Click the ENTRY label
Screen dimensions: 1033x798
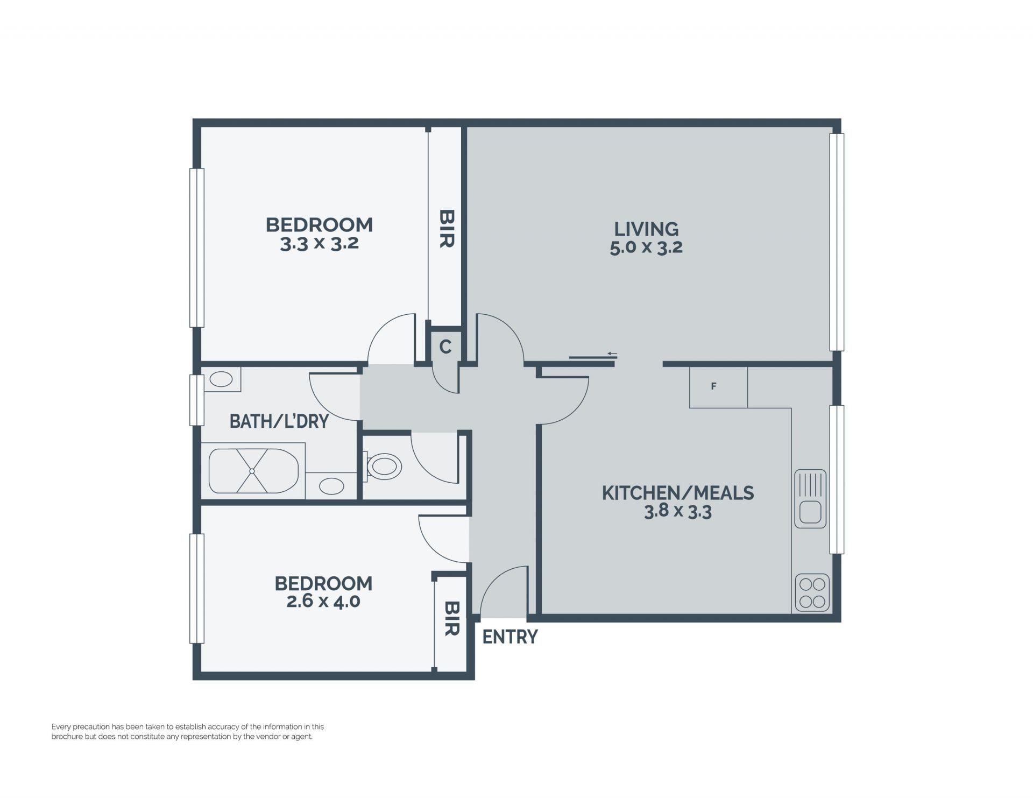510,637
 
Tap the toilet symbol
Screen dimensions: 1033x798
383,467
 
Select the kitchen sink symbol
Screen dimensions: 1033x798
810,499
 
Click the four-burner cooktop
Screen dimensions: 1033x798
812,592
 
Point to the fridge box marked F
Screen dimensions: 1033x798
718,387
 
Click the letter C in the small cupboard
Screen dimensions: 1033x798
445,347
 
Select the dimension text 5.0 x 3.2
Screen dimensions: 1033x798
646,248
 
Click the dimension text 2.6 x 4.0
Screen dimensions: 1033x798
323,601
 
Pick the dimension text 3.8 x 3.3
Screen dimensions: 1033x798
678,511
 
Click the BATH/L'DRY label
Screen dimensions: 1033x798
279,421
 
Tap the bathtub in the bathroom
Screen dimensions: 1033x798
253,471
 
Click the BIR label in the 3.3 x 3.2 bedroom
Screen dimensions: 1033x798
447,229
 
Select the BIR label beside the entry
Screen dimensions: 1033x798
452,618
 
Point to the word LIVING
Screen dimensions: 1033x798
646,229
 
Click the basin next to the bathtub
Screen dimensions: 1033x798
331,486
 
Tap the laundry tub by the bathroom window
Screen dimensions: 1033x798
221,379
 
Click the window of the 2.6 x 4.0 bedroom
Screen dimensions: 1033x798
197,589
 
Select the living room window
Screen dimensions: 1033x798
837,242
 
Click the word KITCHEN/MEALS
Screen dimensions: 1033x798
678,493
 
